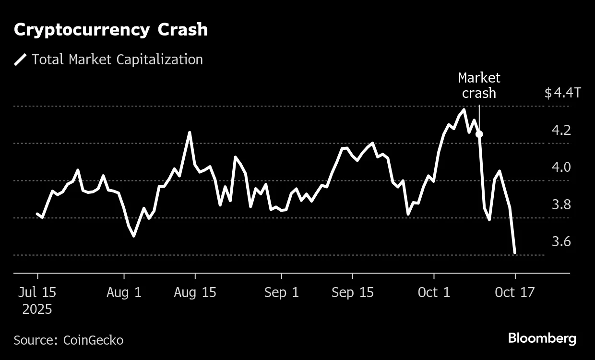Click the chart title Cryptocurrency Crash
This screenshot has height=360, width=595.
pyautogui.click(x=111, y=30)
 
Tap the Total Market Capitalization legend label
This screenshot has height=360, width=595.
pyautogui.click(x=117, y=60)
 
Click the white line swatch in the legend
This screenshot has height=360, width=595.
pyautogui.click(x=21, y=60)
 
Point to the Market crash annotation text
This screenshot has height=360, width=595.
pyautogui.click(x=479, y=85)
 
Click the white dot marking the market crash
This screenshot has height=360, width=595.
pyautogui.click(x=479, y=134)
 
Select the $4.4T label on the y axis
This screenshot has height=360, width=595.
pyautogui.click(x=562, y=93)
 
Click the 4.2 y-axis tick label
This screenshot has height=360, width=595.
pyautogui.click(x=561, y=130)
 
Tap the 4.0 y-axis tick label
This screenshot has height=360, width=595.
pyautogui.click(x=561, y=167)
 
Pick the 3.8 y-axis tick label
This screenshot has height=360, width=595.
pyautogui.click(x=561, y=204)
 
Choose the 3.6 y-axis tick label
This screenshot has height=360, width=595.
pyautogui.click(x=561, y=241)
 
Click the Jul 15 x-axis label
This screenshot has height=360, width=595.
pyautogui.click(x=37, y=292)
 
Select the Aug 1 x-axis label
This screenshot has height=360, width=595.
pyautogui.click(x=124, y=292)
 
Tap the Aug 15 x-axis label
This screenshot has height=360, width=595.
pyautogui.click(x=195, y=292)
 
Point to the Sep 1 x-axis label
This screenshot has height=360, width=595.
pyautogui.click(x=282, y=292)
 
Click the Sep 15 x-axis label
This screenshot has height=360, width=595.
pyautogui.click(x=353, y=292)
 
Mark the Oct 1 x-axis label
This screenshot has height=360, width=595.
pyautogui.click(x=434, y=292)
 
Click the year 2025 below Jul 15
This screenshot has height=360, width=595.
pyautogui.click(x=37, y=309)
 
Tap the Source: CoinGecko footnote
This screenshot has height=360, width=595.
pyautogui.click(x=69, y=340)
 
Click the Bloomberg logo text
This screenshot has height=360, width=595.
pyautogui.click(x=542, y=338)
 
